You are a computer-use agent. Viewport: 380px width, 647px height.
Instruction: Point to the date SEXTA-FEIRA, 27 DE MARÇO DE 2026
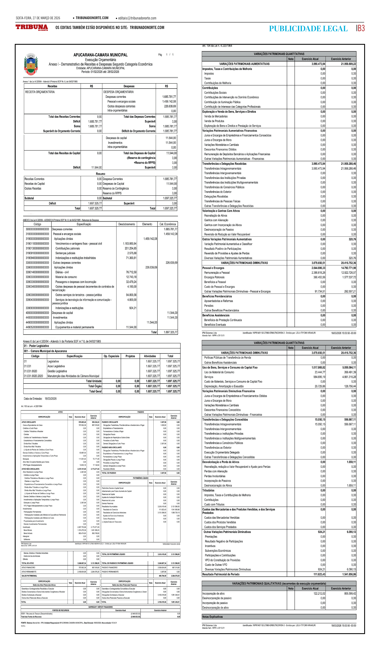click(x=38, y=18)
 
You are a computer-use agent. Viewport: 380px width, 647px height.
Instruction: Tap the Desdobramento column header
click(x=127, y=224)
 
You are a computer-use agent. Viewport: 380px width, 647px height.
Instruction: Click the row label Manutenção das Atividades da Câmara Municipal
click(x=73, y=376)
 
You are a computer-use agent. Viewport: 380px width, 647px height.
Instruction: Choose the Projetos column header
click(x=130, y=356)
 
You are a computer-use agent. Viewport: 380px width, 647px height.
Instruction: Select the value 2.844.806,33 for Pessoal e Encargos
click(x=318, y=268)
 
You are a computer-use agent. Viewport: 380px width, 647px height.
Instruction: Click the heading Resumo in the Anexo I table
click(x=100, y=174)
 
